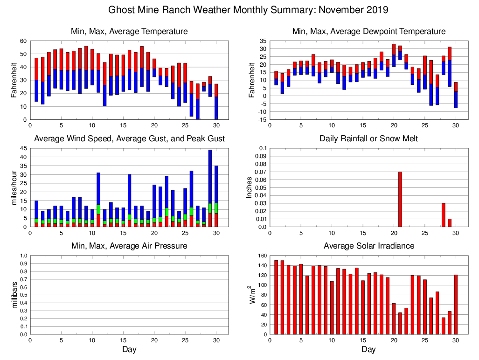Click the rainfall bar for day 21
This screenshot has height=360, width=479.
click(x=400, y=200)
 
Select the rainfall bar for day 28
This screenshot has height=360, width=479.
click(x=444, y=215)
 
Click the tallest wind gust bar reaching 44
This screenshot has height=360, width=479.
click(x=210, y=187)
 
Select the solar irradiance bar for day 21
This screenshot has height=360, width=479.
click(x=400, y=323)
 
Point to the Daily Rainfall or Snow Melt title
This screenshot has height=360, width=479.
click(x=368, y=138)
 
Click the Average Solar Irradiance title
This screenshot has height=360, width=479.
click(x=368, y=246)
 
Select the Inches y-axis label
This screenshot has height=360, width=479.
click(x=249, y=187)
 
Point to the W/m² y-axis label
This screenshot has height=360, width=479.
click(x=252, y=295)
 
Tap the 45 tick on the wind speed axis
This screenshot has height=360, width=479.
click(x=22, y=148)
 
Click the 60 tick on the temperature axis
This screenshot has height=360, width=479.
click(x=22, y=41)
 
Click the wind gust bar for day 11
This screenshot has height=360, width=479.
click(x=98, y=200)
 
